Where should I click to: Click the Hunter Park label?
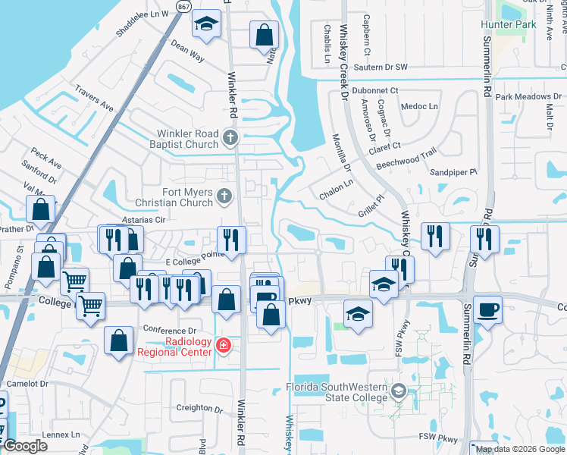[x=507, y=24]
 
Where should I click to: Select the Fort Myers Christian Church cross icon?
[x=224, y=197]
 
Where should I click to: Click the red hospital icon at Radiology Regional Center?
[x=224, y=347]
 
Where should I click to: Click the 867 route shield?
[x=183, y=6]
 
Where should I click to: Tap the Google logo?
[x=25, y=446]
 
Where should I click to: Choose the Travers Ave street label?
[x=94, y=99]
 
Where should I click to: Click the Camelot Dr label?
[x=27, y=384]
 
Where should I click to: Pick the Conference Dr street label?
[x=170, y=331]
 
